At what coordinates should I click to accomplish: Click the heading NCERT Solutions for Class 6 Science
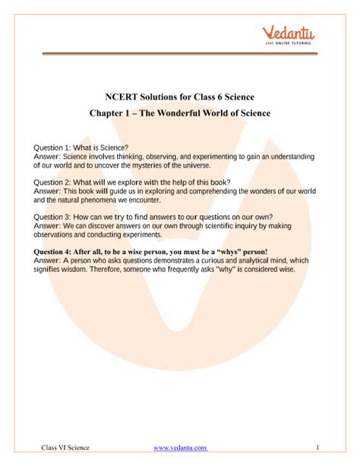point(180,97)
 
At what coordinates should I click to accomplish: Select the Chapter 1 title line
point(180,114)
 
